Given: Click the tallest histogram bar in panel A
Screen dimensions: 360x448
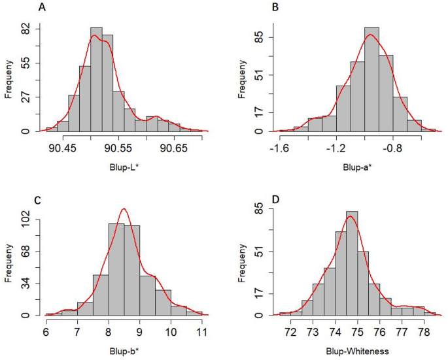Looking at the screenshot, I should point(96,79).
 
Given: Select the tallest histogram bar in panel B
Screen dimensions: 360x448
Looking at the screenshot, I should point(371,79).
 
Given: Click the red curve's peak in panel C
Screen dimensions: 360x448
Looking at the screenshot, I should point(124,209).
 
